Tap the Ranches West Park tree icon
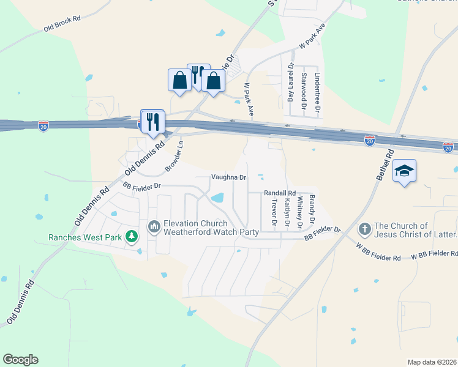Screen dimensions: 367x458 (x=131, y=237)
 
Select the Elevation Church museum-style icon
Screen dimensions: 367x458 (x=154, y=228)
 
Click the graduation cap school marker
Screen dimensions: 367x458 (x=405, y=171)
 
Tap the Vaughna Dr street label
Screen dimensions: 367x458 (x=228, y=177)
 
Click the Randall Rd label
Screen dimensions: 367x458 (x=280, y=193)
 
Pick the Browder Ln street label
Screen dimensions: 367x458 (x=175, y=157)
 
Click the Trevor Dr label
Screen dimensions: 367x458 (x=274, y=211)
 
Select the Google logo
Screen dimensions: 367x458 (x=20, y=360)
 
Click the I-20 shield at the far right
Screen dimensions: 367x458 (x=448, y=147)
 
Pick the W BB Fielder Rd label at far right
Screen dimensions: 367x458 (x=434, y=253)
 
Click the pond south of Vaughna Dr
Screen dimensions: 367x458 (x=217, y=198)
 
